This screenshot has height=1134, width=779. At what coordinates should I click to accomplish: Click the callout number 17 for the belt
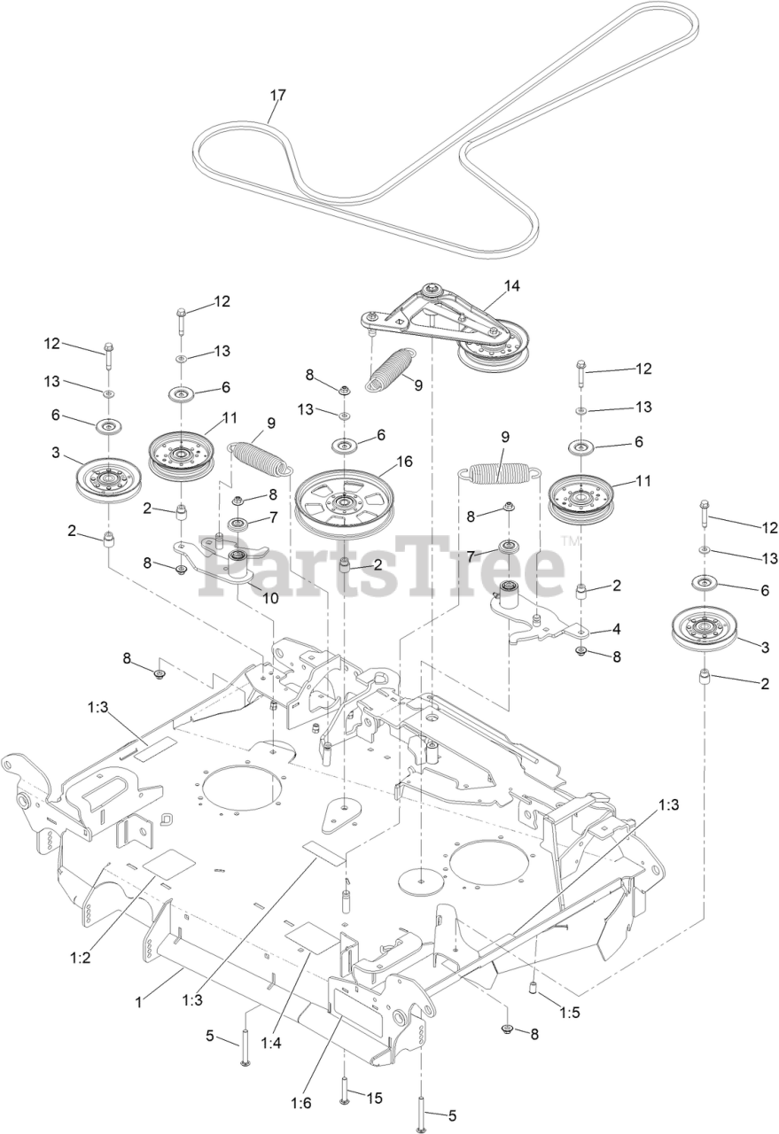(x=278, y=95)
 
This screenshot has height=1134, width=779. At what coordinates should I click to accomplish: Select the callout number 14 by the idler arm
(x=511, y=286)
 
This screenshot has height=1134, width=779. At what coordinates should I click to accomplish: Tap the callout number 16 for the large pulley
(x=404, y=462)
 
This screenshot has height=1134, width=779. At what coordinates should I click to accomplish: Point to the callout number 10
(x=269, y=598)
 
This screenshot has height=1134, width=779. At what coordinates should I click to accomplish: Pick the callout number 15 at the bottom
(x=374, y=1099)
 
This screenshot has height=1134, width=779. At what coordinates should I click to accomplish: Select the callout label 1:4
(x=270, y=1043)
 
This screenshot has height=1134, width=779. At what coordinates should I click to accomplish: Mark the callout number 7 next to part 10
(x=274, y=516)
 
